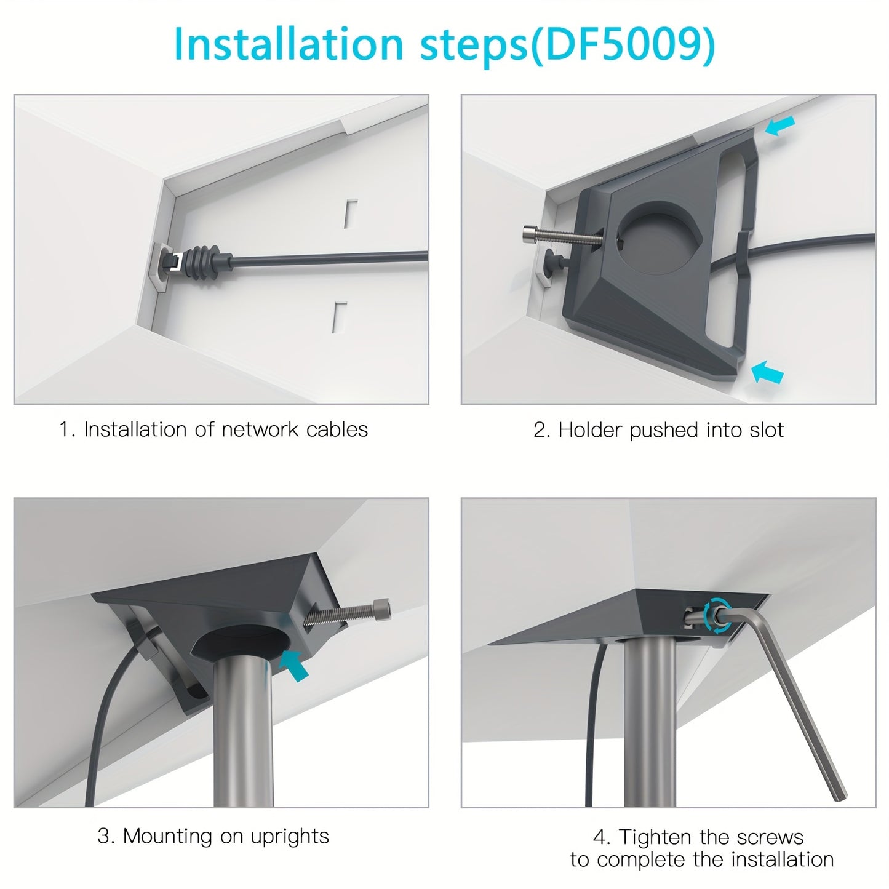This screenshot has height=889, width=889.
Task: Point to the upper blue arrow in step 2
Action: (x=779, y=125)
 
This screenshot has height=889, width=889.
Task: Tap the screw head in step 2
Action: (x=529, y=234)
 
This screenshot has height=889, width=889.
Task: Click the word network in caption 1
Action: (x=260, y=429)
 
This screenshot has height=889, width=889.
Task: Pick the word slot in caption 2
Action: (x=767, y=430)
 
